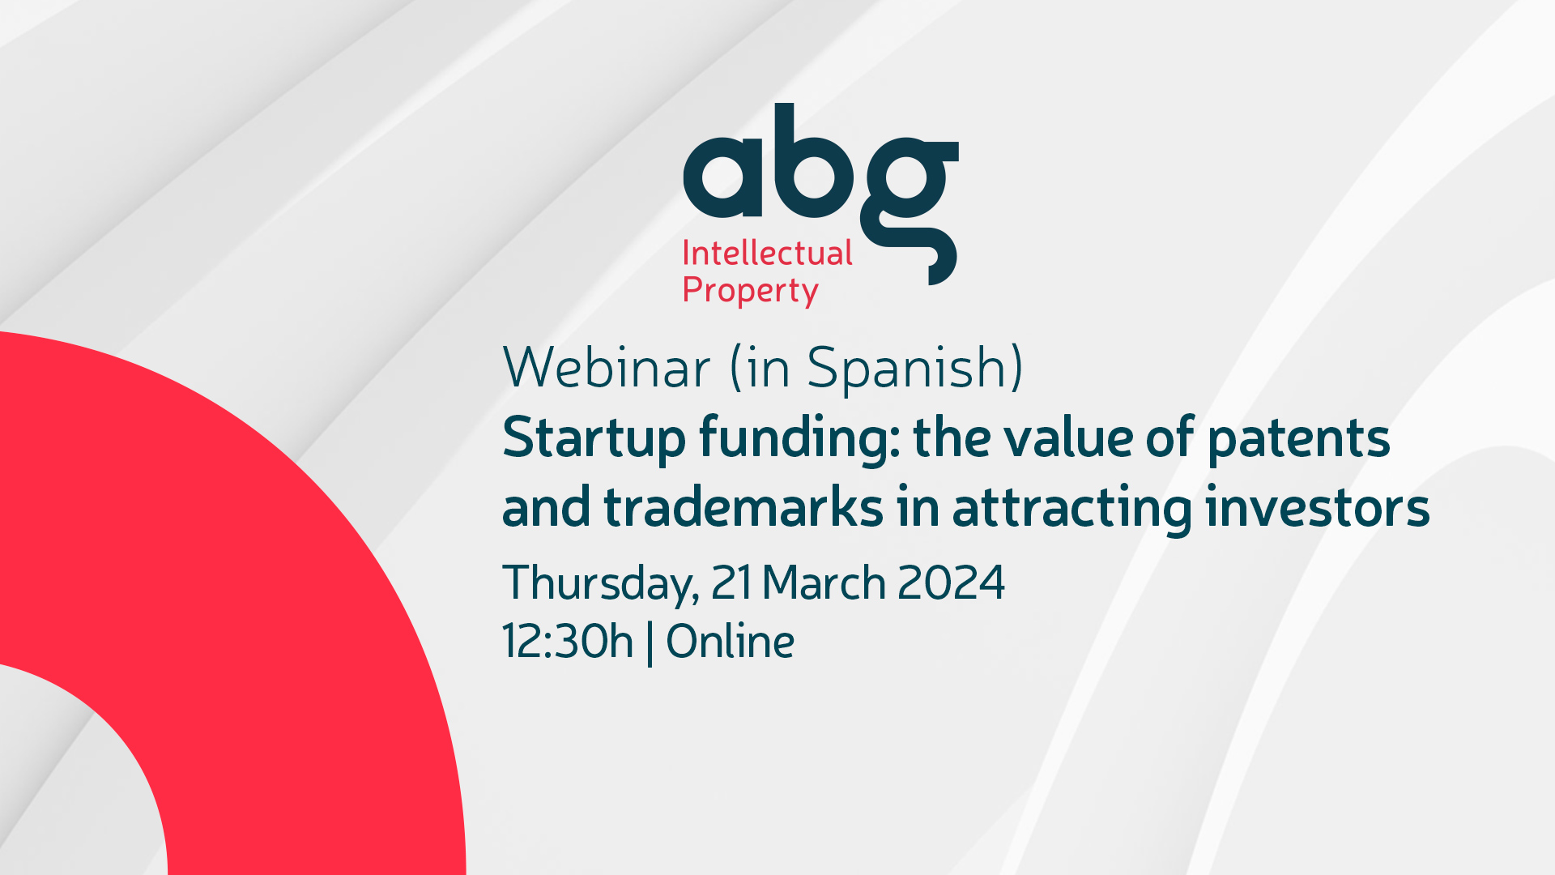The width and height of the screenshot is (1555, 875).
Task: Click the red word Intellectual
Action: [x=767, y=253]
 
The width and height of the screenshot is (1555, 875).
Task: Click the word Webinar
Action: [x=607, y=367]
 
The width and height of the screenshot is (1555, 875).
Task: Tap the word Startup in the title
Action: [x=594, y=440]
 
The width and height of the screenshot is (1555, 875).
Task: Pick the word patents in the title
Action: [x=1299, y=440]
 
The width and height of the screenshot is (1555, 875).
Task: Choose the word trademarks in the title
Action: [x=743, y=508]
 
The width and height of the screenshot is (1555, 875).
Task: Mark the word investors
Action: [x=1318, y=508]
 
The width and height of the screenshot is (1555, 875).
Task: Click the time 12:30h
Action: [x=567, y=641]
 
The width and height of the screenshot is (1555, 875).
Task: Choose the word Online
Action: [x=730, y=641]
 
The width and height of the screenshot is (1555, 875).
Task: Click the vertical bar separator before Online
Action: [x=650, y=643]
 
